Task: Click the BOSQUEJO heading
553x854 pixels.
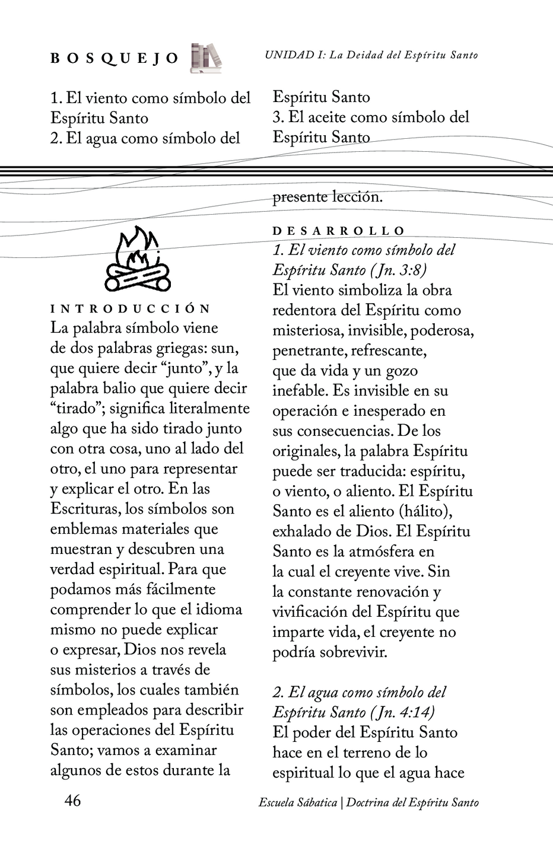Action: coord(114,58)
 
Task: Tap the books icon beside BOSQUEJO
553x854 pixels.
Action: coord(205,58)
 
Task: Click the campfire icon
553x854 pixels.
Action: coord(138,262)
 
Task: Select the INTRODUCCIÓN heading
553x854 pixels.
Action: coord(131,308)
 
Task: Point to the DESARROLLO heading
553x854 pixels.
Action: coord(339,231)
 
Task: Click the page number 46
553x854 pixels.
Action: coord(72,801)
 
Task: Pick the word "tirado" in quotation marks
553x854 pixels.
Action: coord(75,409)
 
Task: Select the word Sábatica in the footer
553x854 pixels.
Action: coord(314,802)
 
